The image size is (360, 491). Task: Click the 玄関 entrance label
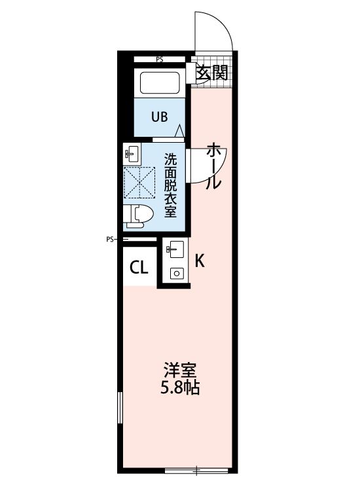click(212, 73)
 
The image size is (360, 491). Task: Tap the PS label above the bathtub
click(159, 60)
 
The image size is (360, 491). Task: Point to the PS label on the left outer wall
click(110, 239)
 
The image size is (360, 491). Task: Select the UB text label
click(160, 117)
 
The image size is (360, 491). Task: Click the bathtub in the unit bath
click(161, 82)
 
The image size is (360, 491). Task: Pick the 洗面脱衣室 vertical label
click(170, 185)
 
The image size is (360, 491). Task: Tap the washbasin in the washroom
click(132, 155)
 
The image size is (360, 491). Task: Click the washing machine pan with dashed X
click(139, 183)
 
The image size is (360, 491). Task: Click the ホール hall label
click(213, 166)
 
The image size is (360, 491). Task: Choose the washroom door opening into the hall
click(204, 166)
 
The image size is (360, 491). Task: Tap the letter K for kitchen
click(200, 261)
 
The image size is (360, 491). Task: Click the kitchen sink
click(175, 249)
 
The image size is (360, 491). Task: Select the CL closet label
click(138, 267)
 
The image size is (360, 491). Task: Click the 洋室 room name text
click(179, 369)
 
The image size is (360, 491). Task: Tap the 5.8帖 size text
click(179, 388)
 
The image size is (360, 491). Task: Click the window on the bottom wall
click(196, 469)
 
